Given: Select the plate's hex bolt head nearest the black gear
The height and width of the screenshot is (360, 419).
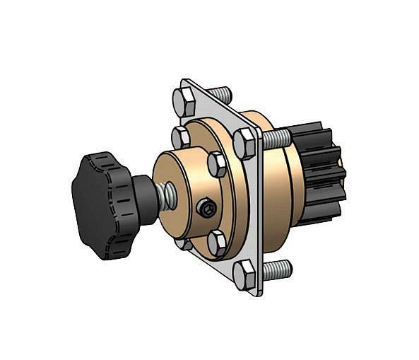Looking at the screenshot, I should [x=245, y=144].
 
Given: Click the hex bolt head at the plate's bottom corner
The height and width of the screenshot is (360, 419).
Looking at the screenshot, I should [x=244, y=275].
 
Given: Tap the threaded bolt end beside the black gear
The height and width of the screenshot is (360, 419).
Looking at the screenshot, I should [x=277, y=138].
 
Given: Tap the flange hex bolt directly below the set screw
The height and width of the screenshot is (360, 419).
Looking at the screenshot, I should [x=218, y=243].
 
